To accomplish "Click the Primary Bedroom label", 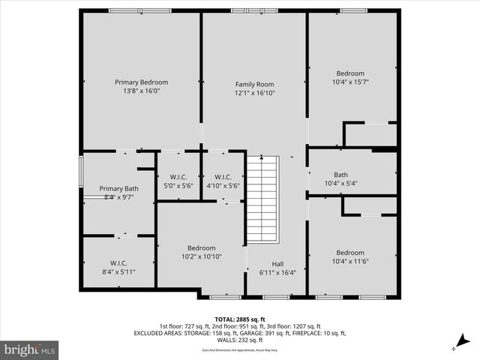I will pyautogui.click(x=141, y=82).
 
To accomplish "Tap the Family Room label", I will pyautogui.click(x=254, y=84).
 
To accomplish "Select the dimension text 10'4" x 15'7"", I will pyautogui.click(x=350, y=82).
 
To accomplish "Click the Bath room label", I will pyautogui.click(x=341, y=174).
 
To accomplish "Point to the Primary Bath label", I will pyautogui.click(x=118, y=188).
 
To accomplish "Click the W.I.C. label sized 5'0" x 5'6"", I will pyautogui.click(x=178, y=177).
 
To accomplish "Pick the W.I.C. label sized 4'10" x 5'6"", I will pyautogui.click(x=223, y=177).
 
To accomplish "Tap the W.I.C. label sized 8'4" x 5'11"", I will pyautogui.click(x=118, y=262).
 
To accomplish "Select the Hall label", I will pyautogui.click(x=277, y=263).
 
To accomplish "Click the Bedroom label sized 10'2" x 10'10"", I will pyautogui.click(x=201, y=248).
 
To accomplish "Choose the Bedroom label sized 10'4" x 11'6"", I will pyautogui.click(x=350, y=253).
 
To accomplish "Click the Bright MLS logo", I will pyautogui.click(x=30, y=349).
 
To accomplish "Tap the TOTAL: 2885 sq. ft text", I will pyautogui.click(x=239, y=319).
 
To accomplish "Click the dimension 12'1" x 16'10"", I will pyautogui.click(x=254, y=93).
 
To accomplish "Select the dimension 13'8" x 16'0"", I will pyautogui.click(x=141, y=90).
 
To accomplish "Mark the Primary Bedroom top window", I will pyautogui.click(x=139, y=10).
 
